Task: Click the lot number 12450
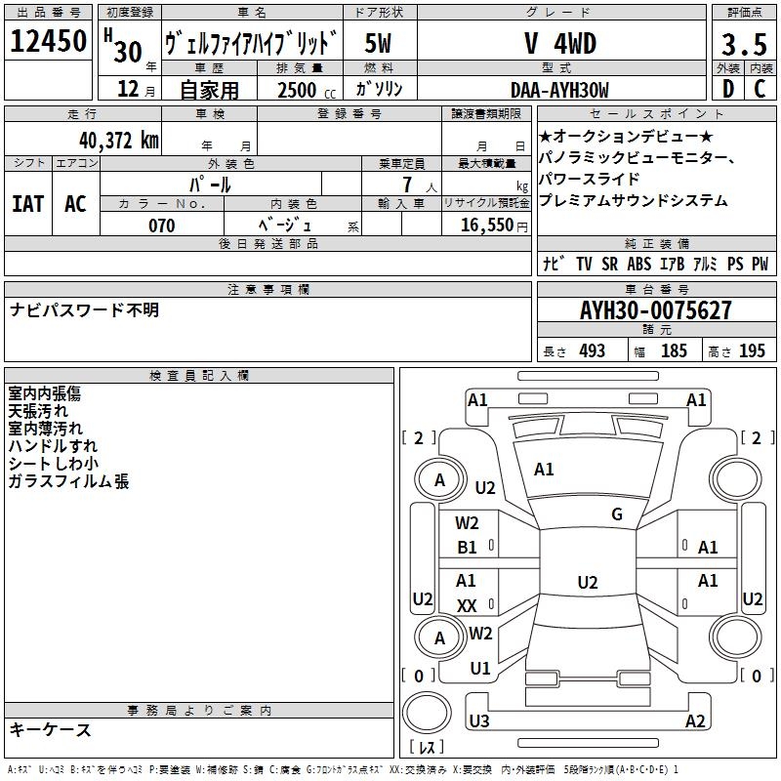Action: click(48, 42)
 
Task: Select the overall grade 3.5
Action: click(743, 44)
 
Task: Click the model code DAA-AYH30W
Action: click(559, 90)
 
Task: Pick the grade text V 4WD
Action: click(559, 44)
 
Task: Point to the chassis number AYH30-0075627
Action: click(655, 310)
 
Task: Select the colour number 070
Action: click(161, 226)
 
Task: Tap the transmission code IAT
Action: click(28, 203)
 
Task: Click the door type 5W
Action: click(379, 44)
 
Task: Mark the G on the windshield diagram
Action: click(617, 514)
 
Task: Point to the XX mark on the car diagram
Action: click(467, 606)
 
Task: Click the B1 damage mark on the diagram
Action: click(468, 548)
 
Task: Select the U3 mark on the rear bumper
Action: click(478, 721)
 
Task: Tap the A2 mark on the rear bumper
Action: click(695, 721)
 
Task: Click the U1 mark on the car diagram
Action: click(479, 669)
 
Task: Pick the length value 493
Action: click(592, 351)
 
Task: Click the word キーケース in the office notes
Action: click(50, 730)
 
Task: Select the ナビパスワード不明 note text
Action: click(84, 310)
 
